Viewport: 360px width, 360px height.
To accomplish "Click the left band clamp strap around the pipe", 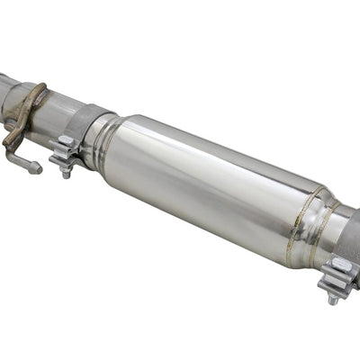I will point(90,126).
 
